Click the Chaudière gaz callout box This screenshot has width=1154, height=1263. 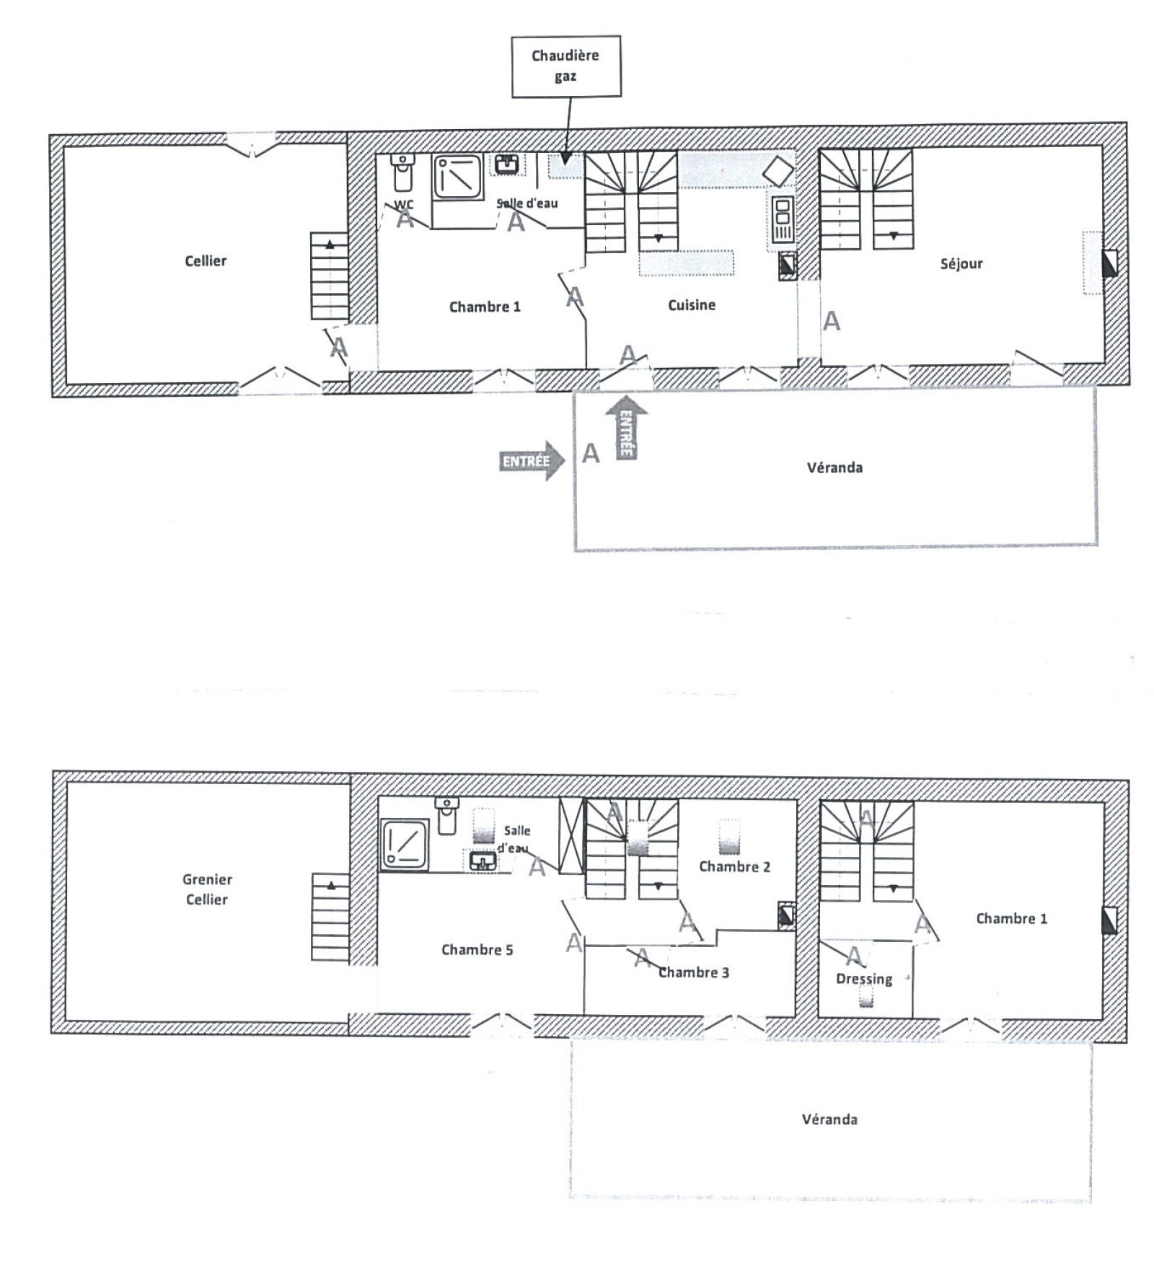566,66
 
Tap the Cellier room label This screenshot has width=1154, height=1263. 206,261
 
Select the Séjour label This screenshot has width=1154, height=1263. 961,263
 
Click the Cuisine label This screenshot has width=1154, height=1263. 692,305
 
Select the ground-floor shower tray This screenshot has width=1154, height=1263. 457,176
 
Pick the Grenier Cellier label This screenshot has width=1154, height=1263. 207,889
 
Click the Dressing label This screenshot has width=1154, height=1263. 864,979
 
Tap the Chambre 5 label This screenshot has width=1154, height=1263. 477,950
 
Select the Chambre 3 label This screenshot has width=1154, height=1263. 694,972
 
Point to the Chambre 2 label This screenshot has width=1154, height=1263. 734,866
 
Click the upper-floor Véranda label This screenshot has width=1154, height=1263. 829,1119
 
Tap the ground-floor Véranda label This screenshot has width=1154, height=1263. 834,467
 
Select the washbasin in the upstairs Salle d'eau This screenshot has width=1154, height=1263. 483,861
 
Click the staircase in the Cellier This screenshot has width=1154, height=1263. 330,276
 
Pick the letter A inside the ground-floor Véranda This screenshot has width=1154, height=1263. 591,454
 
